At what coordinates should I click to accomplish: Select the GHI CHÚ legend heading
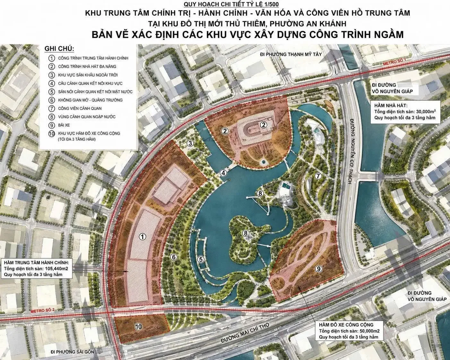(59, 49)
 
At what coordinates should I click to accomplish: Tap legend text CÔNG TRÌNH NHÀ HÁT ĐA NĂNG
(87, 66)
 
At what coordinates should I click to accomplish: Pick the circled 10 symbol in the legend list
(51, 133)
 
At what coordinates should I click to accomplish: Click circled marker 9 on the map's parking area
(318, 269)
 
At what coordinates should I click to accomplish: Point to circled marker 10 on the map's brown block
(138, 327)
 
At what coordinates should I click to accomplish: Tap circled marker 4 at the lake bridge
(223, 173)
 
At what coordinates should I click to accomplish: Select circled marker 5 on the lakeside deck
(201, 260)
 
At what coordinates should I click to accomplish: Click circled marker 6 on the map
(174, 257)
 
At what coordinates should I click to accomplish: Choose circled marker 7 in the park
(318, 176)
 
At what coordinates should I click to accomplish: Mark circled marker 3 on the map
(190, 143)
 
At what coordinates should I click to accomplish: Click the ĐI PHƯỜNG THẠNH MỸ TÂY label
(291, 54)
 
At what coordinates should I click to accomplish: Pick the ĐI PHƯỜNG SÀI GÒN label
(72, 352)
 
